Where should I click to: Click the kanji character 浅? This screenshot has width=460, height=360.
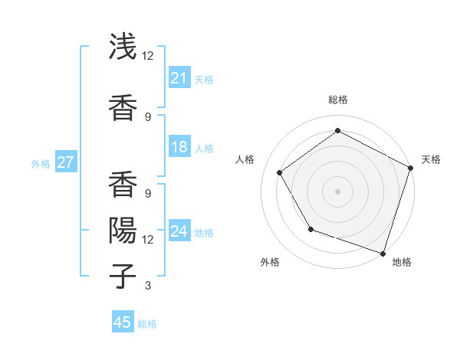coord(123,47)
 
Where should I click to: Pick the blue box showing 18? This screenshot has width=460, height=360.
coord(179,147)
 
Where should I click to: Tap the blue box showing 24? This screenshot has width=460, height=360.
coord(179,231)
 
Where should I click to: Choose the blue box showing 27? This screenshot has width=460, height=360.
coord(65,162)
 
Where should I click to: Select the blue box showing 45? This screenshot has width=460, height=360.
coord(123,322)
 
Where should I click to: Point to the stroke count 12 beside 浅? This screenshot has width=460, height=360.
coord(148,56)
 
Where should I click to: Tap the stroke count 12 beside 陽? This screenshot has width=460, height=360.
coord(148,240)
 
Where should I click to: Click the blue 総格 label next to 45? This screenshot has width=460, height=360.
coord(147,324)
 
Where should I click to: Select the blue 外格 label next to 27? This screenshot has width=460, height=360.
coord(41,163)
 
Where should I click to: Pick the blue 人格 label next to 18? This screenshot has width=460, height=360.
coord(204,149)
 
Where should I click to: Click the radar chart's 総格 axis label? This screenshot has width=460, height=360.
coord(337,100)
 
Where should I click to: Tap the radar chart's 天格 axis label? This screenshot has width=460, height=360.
coord(431,159)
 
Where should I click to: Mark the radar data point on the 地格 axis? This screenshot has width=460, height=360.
coord(383,253)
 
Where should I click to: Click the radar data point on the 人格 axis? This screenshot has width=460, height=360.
coord(280,172)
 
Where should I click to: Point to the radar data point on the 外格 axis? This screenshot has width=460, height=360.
coord(310,228)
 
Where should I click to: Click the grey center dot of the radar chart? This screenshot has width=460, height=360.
coord(337,191)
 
